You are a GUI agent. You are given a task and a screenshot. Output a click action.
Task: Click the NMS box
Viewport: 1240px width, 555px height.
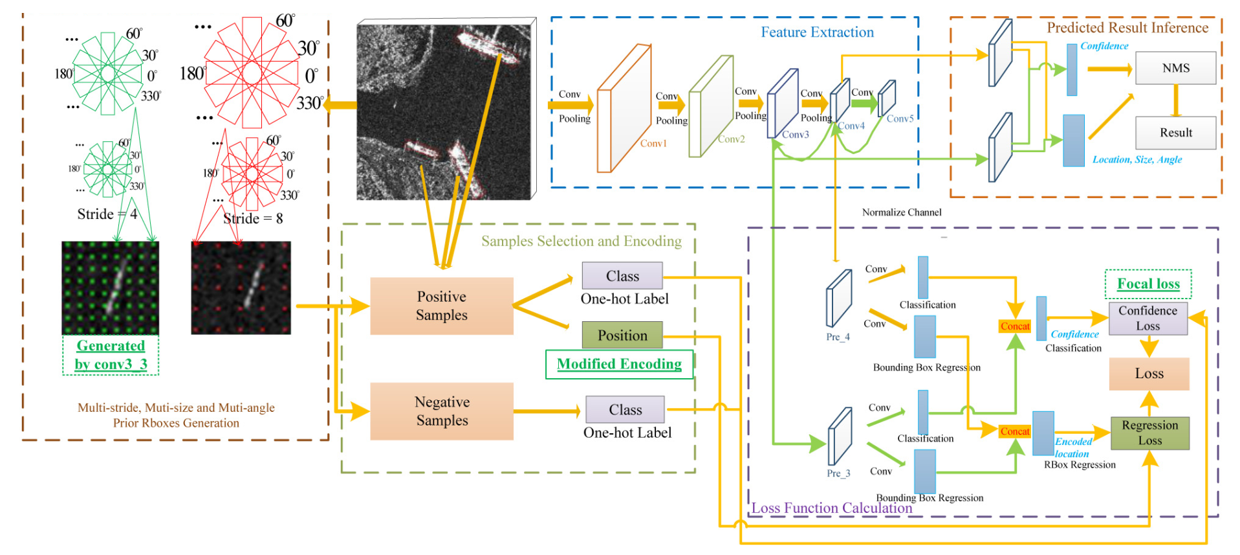[1175, 68]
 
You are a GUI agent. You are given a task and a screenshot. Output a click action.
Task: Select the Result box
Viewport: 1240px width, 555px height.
[1175, 133]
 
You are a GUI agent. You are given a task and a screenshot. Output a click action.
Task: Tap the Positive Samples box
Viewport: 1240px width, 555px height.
[442, 306]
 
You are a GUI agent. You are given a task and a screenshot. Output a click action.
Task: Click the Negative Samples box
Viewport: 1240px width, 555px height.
[442, 411]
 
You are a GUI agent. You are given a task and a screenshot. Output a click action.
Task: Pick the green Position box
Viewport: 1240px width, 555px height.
[622, 335]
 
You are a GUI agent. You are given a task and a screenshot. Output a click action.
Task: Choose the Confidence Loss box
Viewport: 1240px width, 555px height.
[1148, 319]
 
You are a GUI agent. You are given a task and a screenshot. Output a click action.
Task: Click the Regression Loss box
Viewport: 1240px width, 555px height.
[1150, 433]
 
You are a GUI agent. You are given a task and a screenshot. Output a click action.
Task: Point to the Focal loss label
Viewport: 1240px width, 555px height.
[1148, 284]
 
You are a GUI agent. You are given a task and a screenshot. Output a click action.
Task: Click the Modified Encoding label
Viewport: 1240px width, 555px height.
[619, 364]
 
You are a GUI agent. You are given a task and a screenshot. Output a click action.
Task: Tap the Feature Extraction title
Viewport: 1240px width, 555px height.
[817, 32]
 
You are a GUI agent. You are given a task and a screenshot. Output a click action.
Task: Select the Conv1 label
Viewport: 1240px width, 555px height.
[653, 144]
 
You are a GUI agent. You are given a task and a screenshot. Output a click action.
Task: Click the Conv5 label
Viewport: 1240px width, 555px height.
[900, 119]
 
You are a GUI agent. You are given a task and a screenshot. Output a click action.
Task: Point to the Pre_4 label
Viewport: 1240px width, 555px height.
[838, 337]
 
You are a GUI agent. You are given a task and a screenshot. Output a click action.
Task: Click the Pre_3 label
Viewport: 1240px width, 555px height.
[838, 473]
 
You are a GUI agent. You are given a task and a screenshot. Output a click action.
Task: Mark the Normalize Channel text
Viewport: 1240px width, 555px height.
[902, 212]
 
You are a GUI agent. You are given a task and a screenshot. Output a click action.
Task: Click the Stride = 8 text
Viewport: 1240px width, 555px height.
[253, 219]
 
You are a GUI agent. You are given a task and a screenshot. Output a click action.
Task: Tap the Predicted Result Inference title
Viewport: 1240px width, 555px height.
[1127, 28]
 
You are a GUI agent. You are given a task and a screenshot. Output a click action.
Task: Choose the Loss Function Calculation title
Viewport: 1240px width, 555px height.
[832, 508]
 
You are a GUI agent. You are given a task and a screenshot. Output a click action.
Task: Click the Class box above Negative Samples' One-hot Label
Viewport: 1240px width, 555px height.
[625, 410]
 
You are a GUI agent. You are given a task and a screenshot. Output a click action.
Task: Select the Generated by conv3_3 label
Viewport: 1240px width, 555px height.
[111, 355]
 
